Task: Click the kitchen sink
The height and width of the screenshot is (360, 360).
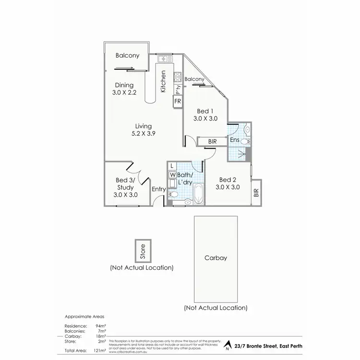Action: [x=166, y=59]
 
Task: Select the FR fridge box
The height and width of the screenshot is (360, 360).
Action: [x=177, y=101]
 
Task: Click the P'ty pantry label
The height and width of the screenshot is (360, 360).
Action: [x=178, y=89]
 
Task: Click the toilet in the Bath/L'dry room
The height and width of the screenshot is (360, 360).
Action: [x=173, y=194]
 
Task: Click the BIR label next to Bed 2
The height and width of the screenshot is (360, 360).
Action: [x=256, y=192]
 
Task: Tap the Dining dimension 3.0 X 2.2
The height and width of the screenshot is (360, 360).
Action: [x=124, y=93]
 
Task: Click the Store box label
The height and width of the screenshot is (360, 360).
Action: [x=142, y=251]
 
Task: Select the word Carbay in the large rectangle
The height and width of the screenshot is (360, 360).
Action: [x=216, y=258]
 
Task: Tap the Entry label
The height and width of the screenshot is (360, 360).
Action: [x=158, y=190]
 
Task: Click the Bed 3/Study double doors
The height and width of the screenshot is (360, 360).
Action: [x=134, y=173]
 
